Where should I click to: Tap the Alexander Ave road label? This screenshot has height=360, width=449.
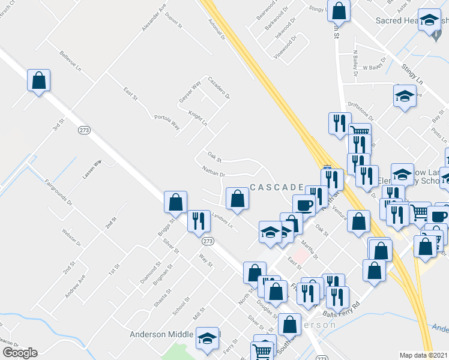point(154,19)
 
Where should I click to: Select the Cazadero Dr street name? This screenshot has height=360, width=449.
point(219,88)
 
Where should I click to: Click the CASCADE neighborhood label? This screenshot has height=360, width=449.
point(277,188)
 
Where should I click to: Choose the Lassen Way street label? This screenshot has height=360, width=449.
point(92,170)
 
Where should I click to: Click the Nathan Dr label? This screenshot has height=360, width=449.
point(213,172)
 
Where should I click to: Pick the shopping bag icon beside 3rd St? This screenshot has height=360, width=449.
point(38,80)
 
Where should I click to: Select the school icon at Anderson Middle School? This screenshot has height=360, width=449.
point(207,339)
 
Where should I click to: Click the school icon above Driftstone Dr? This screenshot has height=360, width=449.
point(405,95)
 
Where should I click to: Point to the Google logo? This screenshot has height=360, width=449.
point(20,353)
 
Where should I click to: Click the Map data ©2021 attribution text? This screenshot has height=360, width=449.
point(424,355)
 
